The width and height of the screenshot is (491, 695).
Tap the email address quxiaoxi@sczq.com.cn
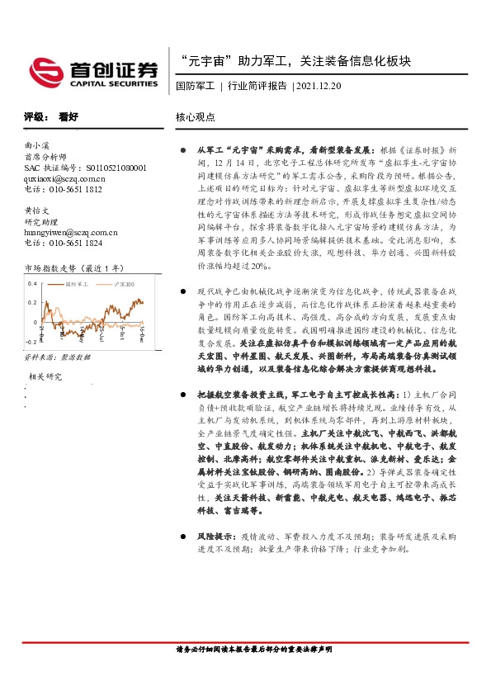tap(65, 177)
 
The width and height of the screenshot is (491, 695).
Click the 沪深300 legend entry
tap(125, 285)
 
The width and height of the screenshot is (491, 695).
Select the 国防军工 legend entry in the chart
tap(82, 285)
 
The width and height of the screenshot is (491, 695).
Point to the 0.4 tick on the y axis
tap(31, 285)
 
